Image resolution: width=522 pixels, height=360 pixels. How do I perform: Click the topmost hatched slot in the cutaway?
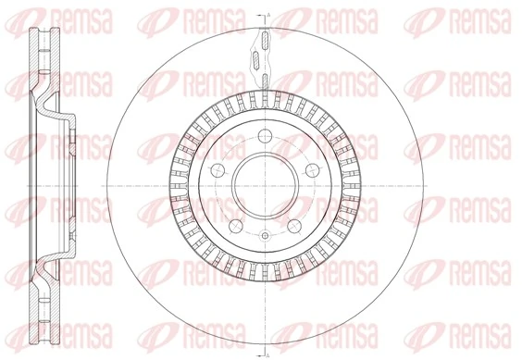tap(264, 43)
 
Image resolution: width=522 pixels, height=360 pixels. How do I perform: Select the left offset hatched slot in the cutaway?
tap(256, 60)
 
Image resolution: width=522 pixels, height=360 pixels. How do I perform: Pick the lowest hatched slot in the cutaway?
tap(265, 79)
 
